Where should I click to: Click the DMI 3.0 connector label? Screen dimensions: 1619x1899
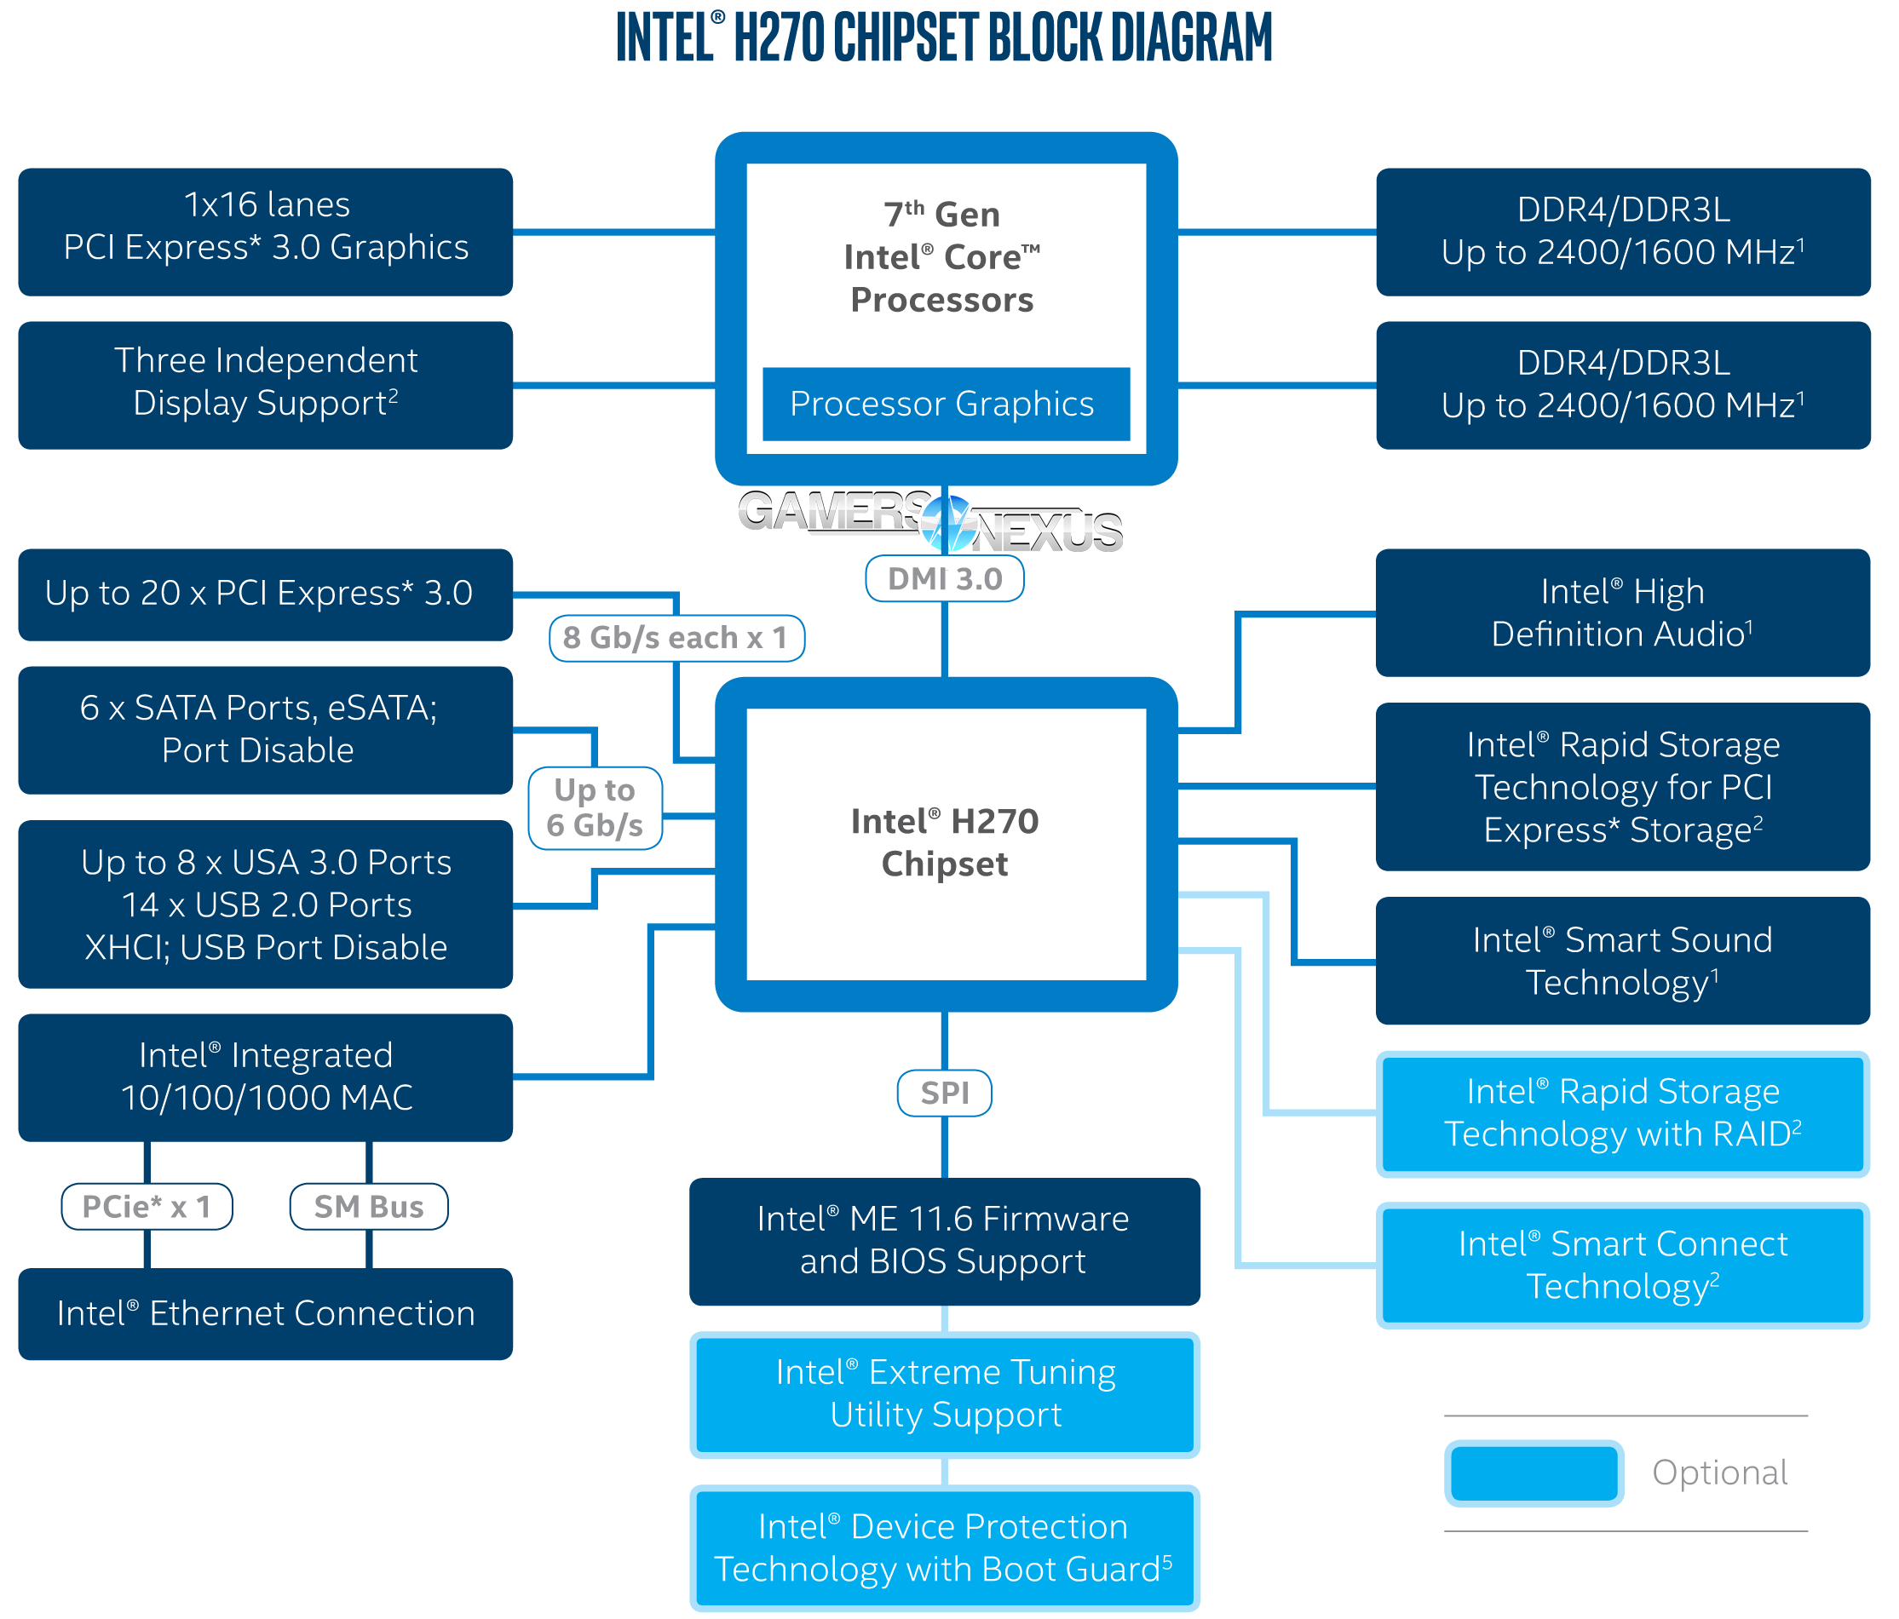pyautogui.click(x=944, y=579)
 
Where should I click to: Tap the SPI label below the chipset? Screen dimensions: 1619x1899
pyautogui.click(x=944, y=1093)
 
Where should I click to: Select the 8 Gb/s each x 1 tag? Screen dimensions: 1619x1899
pyautogui.click(x=676, y=638)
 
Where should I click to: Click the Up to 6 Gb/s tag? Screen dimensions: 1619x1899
pyautogui.click(x=595, y=807)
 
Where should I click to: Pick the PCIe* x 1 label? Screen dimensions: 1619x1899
pyautogui.click(x=147, y=1207)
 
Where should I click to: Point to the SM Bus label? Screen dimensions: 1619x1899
pyautogui.click(x=368, y=1207)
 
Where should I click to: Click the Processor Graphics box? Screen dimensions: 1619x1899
pyautogui.click(x=944, y=404)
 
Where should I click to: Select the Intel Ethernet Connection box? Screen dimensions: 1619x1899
pyautogui.click(x=266, y=1314)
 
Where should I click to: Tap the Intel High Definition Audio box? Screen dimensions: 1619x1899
pyautogui.click(x=1622, y=613)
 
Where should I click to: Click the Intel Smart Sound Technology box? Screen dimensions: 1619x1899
pyautogui.click(x=1622, y=962)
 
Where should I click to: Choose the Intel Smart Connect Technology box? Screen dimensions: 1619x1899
pyautogui.click(x=1622, y=1266)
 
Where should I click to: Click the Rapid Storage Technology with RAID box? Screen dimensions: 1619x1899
pyautogui.click(x=1622, y=1113)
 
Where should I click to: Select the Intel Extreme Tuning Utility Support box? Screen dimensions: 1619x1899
pyautogui.click(x=944, y=1393)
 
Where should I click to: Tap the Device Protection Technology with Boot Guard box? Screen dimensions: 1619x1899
pyautogui.click(x=944, y=1547)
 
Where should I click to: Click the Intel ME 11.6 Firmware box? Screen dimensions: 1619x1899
pyautogui.click(x=944, y=1241)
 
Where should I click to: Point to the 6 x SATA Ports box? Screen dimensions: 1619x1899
pyautogui.click(x=266, y=729)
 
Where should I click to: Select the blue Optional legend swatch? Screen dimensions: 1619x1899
pyautogui.click(x=1534, y=1473)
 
